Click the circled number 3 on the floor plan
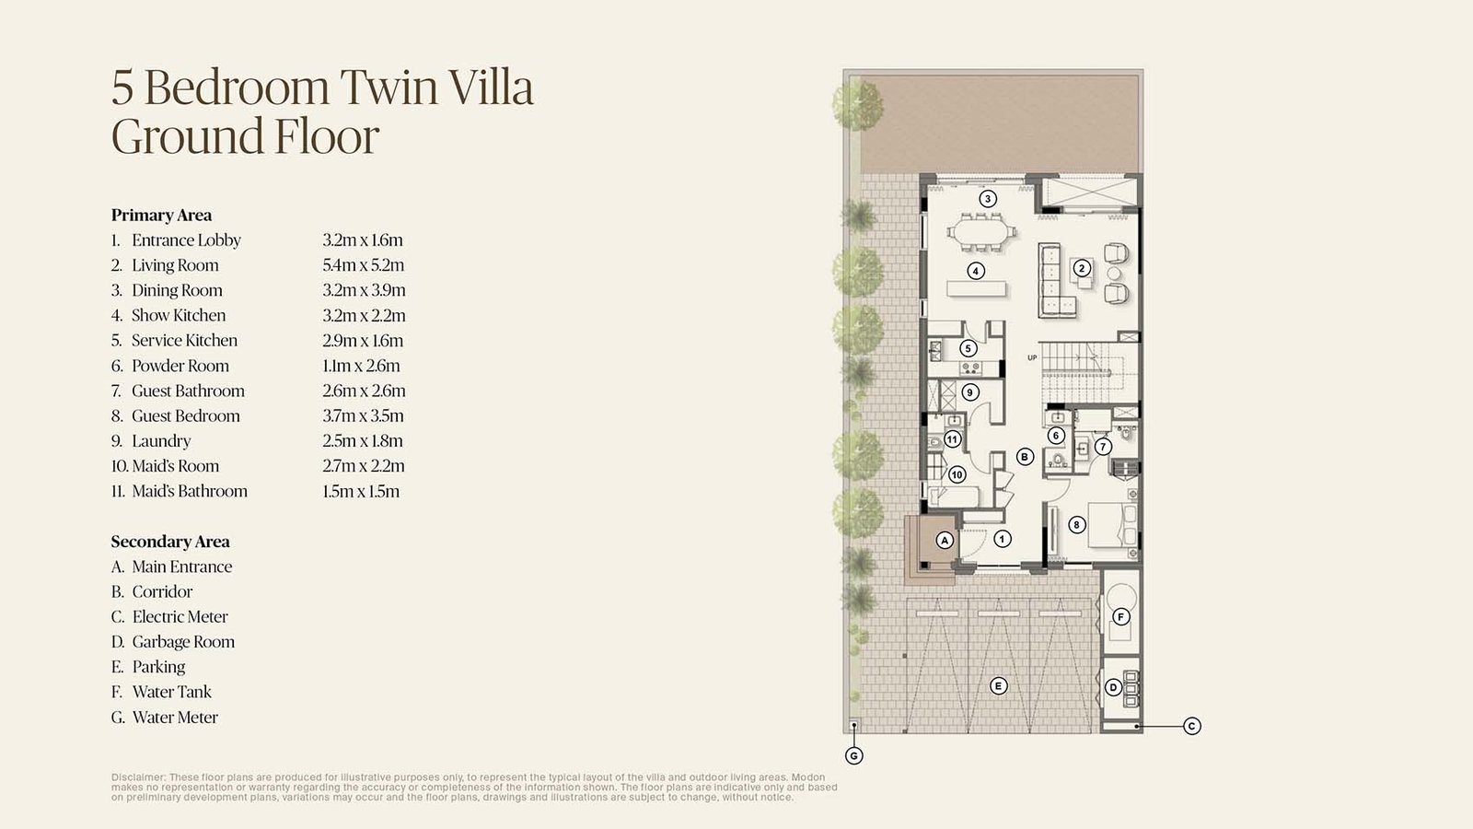987,199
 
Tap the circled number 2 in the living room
1081,268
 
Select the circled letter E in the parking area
998,686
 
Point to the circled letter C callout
1191,727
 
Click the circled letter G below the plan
853,756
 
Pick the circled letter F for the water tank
1120,616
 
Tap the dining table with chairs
981,232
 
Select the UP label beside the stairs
1032,358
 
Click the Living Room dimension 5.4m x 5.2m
363,265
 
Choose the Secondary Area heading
170,542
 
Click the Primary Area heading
161,216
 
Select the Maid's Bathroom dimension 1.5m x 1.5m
360,492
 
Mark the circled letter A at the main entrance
945,540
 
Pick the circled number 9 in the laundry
970,392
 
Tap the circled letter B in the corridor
1025,457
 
